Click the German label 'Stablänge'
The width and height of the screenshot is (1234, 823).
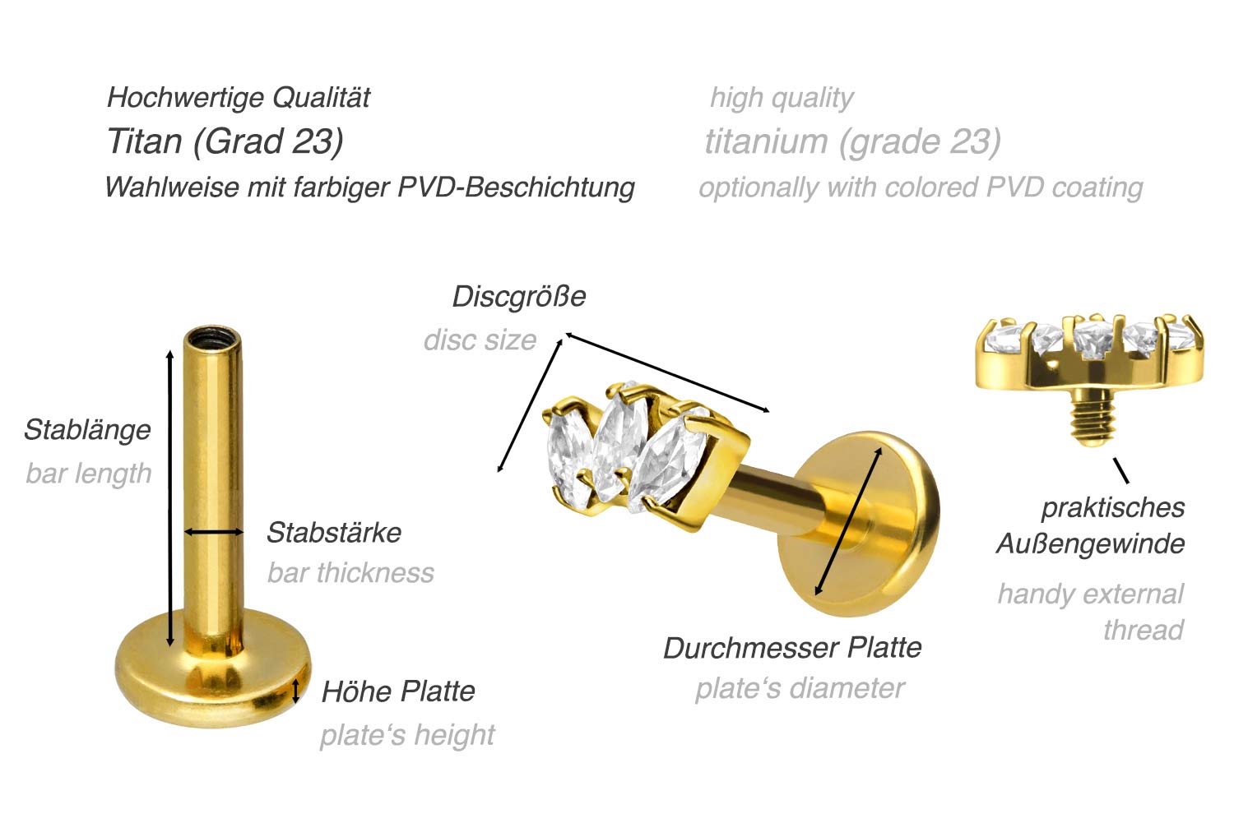coord(87,431)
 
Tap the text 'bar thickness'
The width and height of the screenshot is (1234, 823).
coord(350,572)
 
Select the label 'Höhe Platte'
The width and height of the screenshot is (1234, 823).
coord(397,692)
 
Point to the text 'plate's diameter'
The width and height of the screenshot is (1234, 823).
coord(800,689)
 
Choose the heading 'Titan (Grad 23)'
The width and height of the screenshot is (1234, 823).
coord(225,141)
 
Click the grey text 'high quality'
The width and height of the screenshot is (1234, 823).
coord(782,99)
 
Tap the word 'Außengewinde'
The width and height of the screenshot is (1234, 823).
coord(1090,544)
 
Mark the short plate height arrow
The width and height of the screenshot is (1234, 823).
coord(296,691)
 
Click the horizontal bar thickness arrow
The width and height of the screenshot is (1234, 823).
coord(213,532)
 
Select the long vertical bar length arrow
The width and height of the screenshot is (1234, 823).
coord(169,498)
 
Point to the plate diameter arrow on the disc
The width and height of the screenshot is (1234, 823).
coord(848,521)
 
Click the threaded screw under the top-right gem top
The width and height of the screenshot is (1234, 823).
coord(1092,416)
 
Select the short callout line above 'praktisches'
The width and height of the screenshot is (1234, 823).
coord(1120,470)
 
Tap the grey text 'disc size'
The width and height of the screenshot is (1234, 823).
coord(480,340)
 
